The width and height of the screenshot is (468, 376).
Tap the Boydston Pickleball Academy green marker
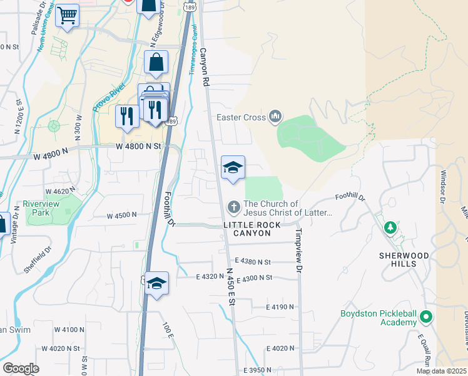pos(427,318)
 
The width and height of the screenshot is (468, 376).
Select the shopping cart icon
pos(68,14)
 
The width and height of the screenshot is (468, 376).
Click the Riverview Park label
pos(39,208)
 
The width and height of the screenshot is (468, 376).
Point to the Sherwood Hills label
pos(405,259)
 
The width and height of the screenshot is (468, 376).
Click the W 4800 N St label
pos(139,146)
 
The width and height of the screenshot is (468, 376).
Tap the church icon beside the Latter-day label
pos(234,206)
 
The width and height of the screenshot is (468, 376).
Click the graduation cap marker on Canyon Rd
pos(233,167)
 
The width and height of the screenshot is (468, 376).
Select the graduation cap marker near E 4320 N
pos(156,283)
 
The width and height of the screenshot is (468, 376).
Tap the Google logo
pos(20,368)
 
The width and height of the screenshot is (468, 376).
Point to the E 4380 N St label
pos(253,261)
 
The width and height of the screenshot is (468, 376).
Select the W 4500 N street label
pos(122,216)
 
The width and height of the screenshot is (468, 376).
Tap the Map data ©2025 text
pos(441,370)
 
